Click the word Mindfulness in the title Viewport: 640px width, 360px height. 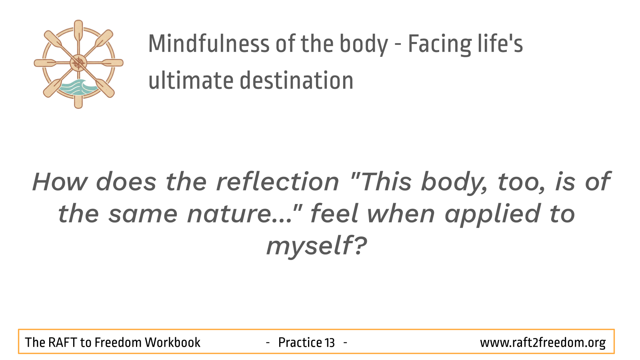pos(208,44)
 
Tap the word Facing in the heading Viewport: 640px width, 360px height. pos(440,45)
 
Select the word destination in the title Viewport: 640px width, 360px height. pos(296,80)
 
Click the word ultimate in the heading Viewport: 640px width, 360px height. pos(191,80)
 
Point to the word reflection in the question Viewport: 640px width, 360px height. pos(278,182)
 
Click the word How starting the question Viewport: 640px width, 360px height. pos(60,182)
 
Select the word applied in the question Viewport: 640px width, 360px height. pos(492,215)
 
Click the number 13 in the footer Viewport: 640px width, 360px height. pos(330,342)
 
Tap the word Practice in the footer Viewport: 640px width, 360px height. pos(300,342)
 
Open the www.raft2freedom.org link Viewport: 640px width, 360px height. pos(542,343)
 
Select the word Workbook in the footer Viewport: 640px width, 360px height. pos(172,342)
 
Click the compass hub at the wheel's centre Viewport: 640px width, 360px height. pos(78,63)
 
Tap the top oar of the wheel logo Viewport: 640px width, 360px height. pos(78,32)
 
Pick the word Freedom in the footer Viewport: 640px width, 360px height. pos(118,342)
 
